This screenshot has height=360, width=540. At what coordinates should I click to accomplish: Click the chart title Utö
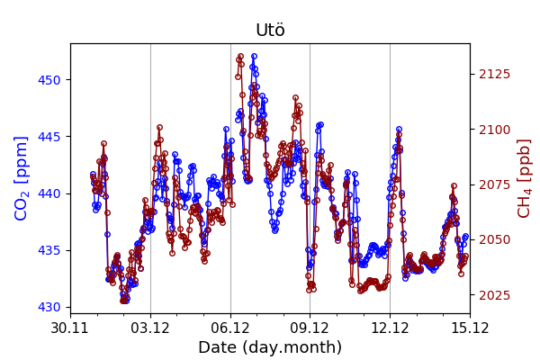pyautogui.click(x=270, y=31)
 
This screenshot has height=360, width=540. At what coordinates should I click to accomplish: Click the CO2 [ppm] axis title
pyautogui.click(x=22, y=178)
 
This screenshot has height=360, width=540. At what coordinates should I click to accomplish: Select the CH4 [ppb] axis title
pyautogui.click(x=524, y=178)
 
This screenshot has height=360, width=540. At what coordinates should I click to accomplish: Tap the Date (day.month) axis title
pyautogui.click(x=270, y=348)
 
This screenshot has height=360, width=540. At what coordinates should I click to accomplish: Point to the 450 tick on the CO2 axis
pyautogui.click(x=51, y=80)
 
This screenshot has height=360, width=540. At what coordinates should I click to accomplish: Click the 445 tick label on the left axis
pyautogui.click(x=51, y=137)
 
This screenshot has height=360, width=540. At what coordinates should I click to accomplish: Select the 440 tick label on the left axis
pyautogui.click(x=51, y=193)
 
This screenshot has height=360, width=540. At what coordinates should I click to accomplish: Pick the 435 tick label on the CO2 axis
pyautogui.click(x=51, y=250)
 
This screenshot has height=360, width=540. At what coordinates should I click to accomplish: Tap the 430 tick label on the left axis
pyautogui.click(x=51, y=307)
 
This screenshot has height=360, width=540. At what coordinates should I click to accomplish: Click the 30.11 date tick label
pyautogui.click(x=70, y=327)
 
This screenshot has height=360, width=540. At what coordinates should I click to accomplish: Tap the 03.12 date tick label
pyautogui.click(x=150, y=327)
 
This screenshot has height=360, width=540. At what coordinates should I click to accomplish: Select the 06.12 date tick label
pyautogui.click(x=230, y=327)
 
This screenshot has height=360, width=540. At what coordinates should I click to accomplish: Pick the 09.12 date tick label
pyautogui.click(x=310, y=327)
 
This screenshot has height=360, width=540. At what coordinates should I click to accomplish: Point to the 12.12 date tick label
pyautogui.click(x=390, y=327)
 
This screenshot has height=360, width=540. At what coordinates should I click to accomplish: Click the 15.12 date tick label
pyautogui.click(x=469, y=327)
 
